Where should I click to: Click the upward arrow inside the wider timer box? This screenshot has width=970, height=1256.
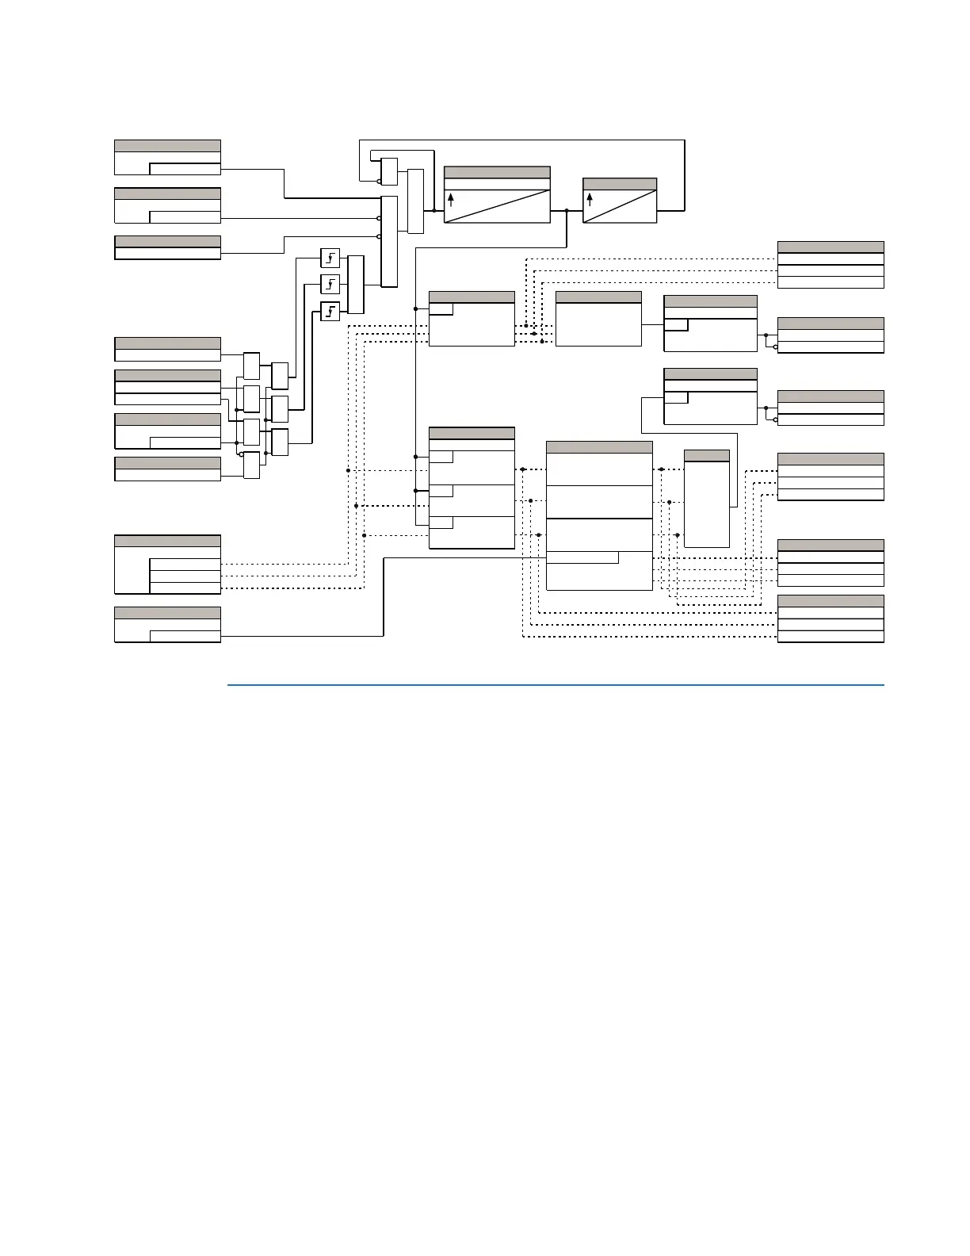tap(451, 200)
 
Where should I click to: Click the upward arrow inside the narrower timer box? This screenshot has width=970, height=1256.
tap(590, 199)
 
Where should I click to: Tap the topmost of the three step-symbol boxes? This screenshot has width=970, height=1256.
tap(330, 258)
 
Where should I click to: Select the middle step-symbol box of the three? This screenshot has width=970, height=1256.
tap(330, 284)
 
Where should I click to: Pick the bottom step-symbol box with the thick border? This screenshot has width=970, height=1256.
tap(330, 311)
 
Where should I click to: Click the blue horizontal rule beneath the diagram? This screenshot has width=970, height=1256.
tap(555, 685)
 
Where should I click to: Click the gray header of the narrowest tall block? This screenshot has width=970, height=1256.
tap(706, 455)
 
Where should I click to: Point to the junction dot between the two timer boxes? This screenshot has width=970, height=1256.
tap(567, 211)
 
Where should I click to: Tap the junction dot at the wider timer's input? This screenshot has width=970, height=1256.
tap(434, 211)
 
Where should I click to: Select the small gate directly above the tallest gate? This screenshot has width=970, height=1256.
tap(389, 171)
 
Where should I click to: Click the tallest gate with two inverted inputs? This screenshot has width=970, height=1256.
tap(389, 241)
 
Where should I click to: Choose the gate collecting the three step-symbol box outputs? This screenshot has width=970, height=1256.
tap(356, 285)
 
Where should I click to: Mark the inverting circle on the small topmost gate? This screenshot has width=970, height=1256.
tap(379, 182)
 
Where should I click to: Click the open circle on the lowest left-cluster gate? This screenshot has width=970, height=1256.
tap(241, 455)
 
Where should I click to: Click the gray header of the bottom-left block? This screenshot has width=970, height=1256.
tap(167, 613)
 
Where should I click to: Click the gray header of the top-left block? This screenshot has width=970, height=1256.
tap(167, 146)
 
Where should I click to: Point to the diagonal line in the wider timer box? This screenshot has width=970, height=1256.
tap(497, 206)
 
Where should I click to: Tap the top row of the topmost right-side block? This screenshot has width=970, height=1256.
tap(831, 258)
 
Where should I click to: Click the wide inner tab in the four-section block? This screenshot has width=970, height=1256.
tap(582, 557)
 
